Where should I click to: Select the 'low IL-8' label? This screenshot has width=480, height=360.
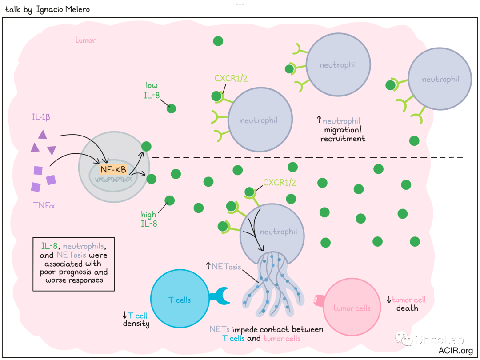point(152,89)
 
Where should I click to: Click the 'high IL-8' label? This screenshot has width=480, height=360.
point(149,219)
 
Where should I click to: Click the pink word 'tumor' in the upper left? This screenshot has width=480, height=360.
point(85,40)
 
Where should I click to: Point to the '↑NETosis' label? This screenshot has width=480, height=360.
point(224,267)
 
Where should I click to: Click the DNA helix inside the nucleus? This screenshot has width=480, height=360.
point(114,180)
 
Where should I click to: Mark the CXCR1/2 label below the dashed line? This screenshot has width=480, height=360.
point(280,182)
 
